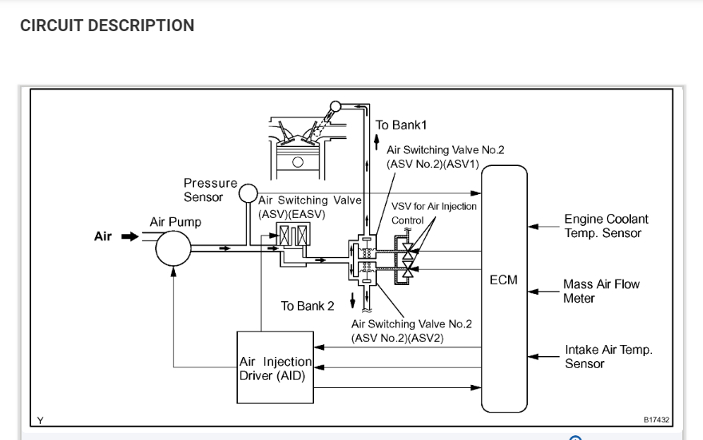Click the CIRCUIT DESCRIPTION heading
click(107, 26)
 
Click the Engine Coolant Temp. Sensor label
click(606, 226)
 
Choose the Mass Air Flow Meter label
click(601, 291)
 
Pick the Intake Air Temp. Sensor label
click(608, 356)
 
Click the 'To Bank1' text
click(401, 125)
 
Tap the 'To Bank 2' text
click(307, 307)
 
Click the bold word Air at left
click(103, 237)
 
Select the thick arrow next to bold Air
click(129, 237)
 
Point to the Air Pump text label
click(175, 221)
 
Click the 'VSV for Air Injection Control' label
click(433, 212)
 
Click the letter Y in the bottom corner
click(39, 418)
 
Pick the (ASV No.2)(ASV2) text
click(397, 338)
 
